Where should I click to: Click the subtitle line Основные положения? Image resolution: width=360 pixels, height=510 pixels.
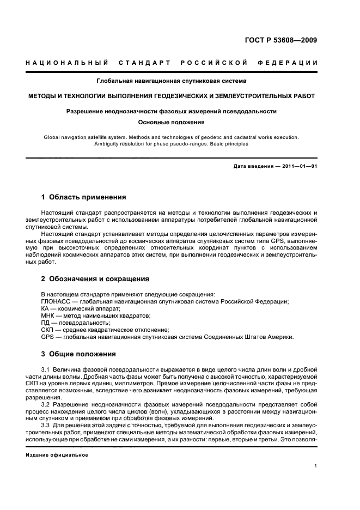click(171, 122)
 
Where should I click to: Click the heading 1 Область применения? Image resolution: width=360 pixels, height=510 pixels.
click(83, 197)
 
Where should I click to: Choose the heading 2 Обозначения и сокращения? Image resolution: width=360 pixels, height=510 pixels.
click(95, 278)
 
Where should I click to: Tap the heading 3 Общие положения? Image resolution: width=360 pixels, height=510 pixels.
click(78, 353)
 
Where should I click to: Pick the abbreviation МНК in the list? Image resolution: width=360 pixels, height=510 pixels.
click(49, 315)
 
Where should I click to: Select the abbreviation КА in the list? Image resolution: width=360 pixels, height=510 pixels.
click(46, 308)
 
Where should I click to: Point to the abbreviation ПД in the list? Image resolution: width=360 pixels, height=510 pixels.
click(46, 323)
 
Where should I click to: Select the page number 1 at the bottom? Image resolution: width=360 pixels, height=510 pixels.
click(315, 466)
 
